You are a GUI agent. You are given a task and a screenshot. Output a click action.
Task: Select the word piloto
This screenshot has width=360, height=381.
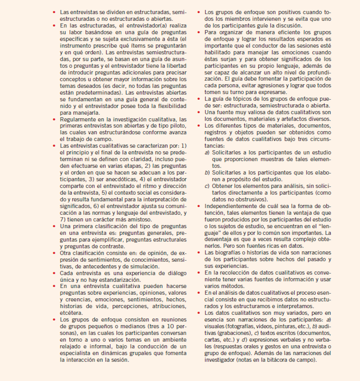178,126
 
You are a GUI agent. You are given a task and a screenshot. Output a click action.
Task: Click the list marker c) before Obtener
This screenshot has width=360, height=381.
207,186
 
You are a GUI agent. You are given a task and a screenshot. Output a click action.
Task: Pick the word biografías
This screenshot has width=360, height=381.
227,253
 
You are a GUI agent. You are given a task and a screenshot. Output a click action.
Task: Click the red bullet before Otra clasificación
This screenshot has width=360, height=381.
54,253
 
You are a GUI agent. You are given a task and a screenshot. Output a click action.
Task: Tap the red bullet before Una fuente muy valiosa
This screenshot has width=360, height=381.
199,112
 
